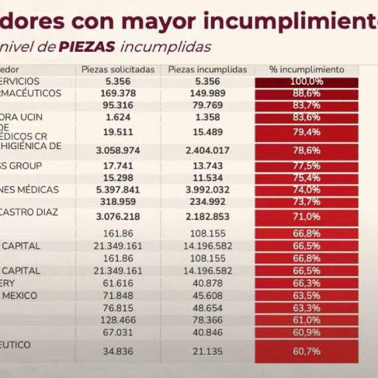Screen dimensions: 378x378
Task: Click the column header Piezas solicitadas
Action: pyautogui.click(x=118, y=70)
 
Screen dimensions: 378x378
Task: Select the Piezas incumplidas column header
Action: pyautogui.click(x=208, y=70)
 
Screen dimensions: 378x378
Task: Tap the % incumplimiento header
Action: pyautogui.click(x=306, y=70)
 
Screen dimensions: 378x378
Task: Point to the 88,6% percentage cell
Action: pyautogui.click(x=306, y=94)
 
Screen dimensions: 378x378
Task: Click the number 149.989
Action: pyautogui.click(x=208, y=94)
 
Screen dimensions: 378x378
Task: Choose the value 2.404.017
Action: pyautogui.click(x=208, y=151)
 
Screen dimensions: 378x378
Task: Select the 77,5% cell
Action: pyautogui.click(x=306, y=166)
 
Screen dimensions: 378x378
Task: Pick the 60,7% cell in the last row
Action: pyautogui.click(x=306, y=351)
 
